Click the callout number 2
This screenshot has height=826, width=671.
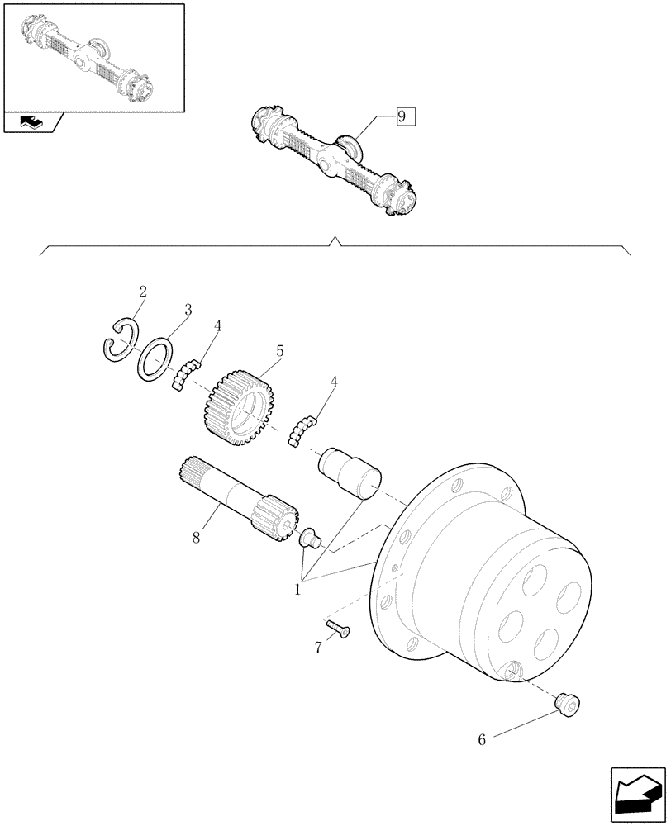pyautogui.click(x=143, y=292)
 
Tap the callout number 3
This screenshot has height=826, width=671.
pyautogui.click(x=188, y=310)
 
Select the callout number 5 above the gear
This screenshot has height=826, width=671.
pyautogui.click(x=280, y=352)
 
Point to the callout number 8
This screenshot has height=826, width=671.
pyautogui.click(x=196, y=538)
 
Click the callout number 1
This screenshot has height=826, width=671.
pyautogui.click(x=298, y=590)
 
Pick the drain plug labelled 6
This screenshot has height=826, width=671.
pyautogui.click(x=569, y=704)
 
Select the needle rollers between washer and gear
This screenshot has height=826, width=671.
pyautogui.click(x=188, y=373)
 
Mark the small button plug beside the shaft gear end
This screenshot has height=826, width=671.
pyautogui.click(x=311, y=538)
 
